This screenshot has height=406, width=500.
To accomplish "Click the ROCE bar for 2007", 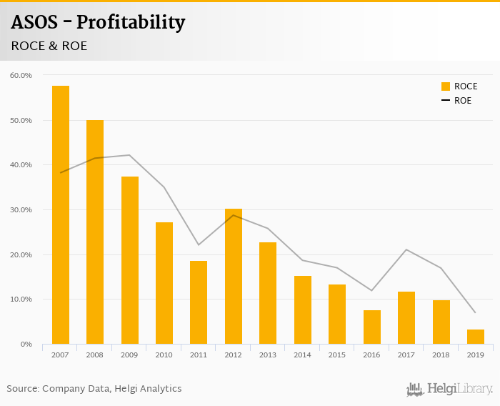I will point(61,214).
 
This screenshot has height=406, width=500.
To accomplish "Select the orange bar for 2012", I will point(234,276).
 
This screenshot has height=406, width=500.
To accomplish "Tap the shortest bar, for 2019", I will point(476,337).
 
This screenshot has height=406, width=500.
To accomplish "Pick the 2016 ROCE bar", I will point(371,327).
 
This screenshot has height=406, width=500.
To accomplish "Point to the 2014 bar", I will point(303,310).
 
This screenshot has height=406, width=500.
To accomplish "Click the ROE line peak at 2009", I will point(130,155).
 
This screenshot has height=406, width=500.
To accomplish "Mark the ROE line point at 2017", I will point(406,249).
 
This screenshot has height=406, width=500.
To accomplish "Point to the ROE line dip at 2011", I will point(199,245).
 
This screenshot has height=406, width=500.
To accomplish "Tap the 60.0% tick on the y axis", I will point(21,75).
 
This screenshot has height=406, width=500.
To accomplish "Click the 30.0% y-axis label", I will point(21,209).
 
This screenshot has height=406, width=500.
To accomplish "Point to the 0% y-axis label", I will point(26,345).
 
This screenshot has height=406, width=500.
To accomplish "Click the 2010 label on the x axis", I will point(164,355).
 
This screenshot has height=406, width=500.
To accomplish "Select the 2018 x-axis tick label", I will point(441,355).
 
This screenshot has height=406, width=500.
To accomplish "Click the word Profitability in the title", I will point(131,22).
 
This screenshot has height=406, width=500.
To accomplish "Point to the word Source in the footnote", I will point(22,389).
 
